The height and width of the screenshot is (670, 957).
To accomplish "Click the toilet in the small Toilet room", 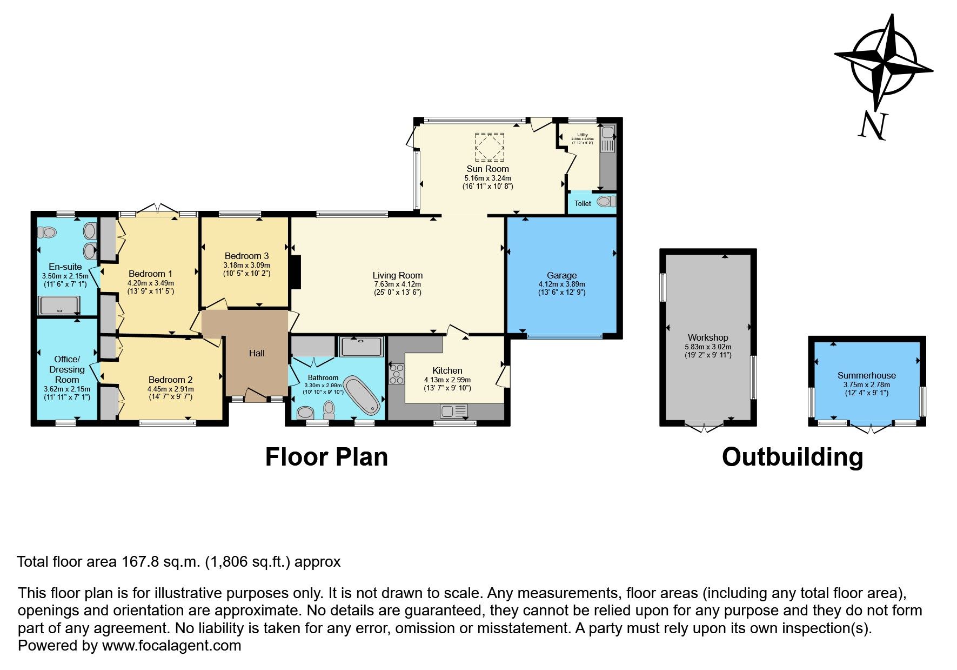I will [x=607, y=202].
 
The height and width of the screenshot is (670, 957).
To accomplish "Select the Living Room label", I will [x=397, y=275].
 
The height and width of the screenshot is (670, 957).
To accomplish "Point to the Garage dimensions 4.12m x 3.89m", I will [x=561, y=284].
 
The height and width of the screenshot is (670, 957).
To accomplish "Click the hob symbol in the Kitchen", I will [x=397, y=374].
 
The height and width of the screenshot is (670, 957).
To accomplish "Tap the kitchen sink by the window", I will [x=453, y=412].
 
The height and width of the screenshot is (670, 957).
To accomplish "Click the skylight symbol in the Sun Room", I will [x=489, y=147].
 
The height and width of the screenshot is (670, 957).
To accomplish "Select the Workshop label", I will [x=708, y=337].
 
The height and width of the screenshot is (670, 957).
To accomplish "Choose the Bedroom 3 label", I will [x=246, y=256].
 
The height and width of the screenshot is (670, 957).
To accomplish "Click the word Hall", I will [x=257, y=353].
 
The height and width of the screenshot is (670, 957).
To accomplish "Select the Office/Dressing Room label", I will [x=67, y=369].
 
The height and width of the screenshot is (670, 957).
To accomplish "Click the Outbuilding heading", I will [x=792, y=457].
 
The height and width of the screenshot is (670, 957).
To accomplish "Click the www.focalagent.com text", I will [x=171, y=646].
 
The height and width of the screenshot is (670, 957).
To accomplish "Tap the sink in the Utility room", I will [x=607, y=132].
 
